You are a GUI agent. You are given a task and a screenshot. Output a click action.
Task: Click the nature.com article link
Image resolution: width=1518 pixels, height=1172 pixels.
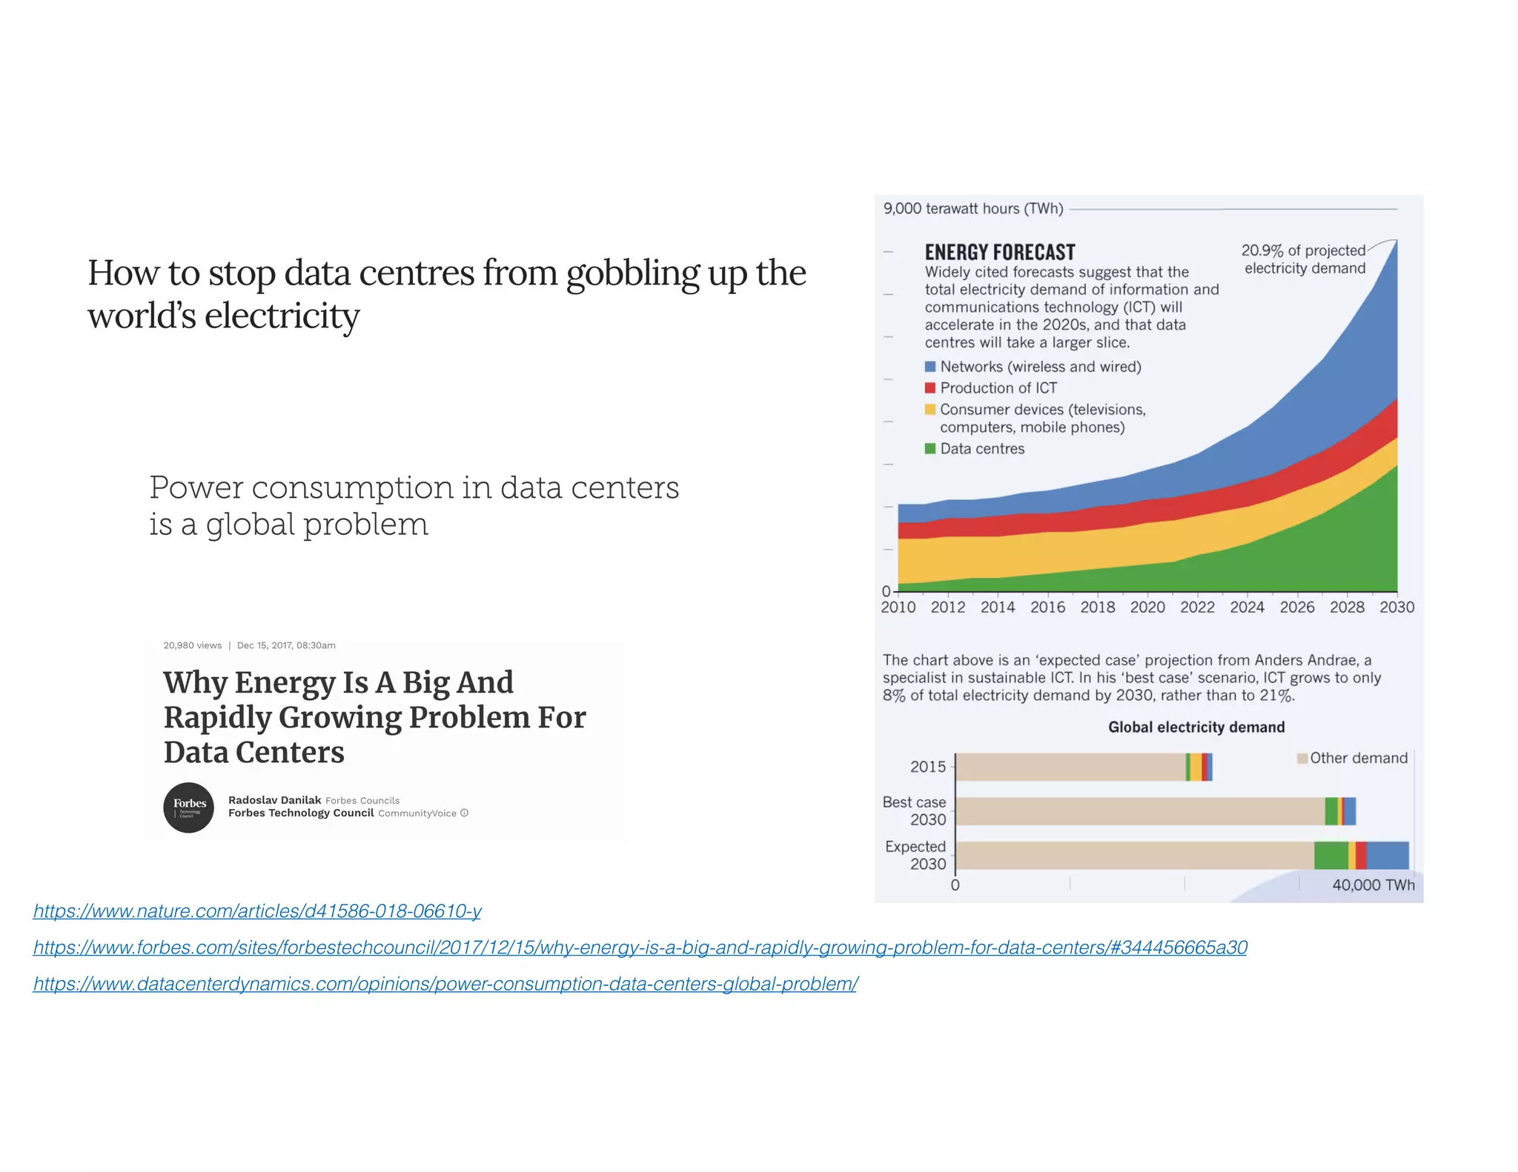coord(257,910)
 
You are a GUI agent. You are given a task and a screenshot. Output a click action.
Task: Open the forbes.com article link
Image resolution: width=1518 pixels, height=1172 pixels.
coord(640,947)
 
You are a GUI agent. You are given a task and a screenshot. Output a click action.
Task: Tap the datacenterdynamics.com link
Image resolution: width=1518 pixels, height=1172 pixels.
coord(445,984)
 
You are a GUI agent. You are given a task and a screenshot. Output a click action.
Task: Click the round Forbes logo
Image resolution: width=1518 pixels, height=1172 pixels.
coord(189,808)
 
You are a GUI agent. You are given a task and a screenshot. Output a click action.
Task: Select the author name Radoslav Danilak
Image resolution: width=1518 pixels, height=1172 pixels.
coord(274,800)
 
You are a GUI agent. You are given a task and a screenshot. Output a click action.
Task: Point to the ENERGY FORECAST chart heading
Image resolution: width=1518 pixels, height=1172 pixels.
coord(999,252)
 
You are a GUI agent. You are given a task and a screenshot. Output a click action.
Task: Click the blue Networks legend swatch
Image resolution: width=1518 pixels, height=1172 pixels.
coord(930,367)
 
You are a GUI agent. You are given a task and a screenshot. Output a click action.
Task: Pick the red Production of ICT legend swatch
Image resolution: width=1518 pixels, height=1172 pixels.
coord(930,388)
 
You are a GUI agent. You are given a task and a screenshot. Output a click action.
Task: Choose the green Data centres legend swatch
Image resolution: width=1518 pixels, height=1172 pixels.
coord(930,449)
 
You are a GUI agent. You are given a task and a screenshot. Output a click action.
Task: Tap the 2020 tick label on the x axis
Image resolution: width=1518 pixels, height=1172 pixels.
coord(1147,607)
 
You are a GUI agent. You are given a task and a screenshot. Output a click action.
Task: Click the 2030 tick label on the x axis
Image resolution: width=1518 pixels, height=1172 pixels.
coord(1396,607)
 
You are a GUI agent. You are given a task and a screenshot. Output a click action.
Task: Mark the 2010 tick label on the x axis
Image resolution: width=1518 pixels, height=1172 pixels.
coord(898,607)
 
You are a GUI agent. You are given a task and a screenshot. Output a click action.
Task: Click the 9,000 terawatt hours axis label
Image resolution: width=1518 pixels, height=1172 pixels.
coord(972,209)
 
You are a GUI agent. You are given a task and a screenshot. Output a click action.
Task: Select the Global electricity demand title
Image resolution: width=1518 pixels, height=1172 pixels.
coord(1196,727)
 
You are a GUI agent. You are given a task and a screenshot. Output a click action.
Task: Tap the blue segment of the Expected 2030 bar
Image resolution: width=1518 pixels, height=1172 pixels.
coord(1387,856)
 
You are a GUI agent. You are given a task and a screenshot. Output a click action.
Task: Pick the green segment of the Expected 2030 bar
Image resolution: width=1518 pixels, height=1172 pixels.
coord(1330,856)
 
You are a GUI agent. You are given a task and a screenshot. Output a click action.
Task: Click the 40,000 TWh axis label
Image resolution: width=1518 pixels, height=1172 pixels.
coord(1373,885)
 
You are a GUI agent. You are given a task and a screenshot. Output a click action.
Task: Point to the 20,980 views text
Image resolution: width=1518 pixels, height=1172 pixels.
coord(193,645)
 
